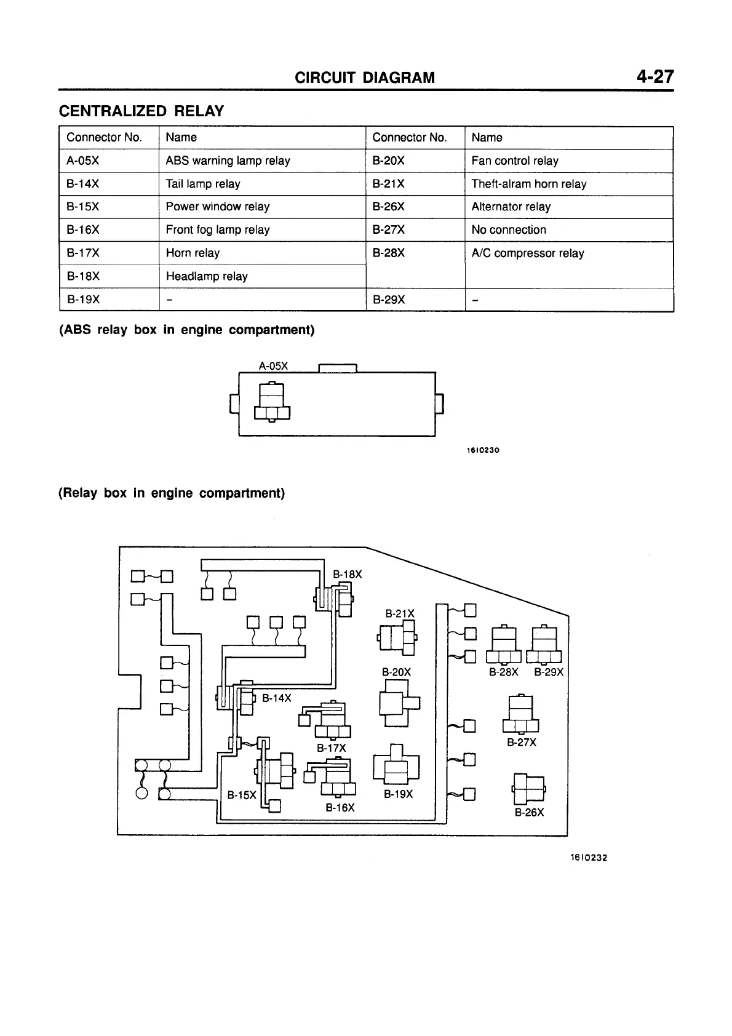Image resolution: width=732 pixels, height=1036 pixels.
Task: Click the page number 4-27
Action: [655, 77]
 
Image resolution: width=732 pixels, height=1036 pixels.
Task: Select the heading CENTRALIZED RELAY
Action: [141, 111]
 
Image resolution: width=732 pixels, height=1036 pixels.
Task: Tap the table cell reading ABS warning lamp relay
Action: [228, 161]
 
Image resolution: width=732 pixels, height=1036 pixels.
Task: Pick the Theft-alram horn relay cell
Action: [528, 184]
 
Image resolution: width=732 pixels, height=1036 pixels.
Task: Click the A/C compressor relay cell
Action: [527, 253]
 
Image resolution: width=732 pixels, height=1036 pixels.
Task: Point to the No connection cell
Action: [508, 230]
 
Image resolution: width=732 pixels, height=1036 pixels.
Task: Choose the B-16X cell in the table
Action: [83, 230]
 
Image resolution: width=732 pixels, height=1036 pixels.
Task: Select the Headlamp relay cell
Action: [207, 276]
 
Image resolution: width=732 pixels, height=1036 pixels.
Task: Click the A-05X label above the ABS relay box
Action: [273, 366]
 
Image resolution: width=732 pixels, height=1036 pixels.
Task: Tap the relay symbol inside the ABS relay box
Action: [271, 402]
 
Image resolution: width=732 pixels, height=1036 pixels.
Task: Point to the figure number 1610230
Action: [482, 450]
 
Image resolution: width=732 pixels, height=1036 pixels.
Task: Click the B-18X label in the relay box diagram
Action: [347, 575]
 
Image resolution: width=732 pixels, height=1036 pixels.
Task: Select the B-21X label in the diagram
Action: [400, 613]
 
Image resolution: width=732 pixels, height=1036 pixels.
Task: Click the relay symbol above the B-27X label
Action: [520, 714]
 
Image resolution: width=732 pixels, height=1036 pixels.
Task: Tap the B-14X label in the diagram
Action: [276, 698]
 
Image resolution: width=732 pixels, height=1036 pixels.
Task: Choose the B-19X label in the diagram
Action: [398, 794]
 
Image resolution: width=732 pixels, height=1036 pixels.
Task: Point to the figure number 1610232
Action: [588, 858]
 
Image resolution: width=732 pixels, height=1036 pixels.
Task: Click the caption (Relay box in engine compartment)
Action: [172, 493]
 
